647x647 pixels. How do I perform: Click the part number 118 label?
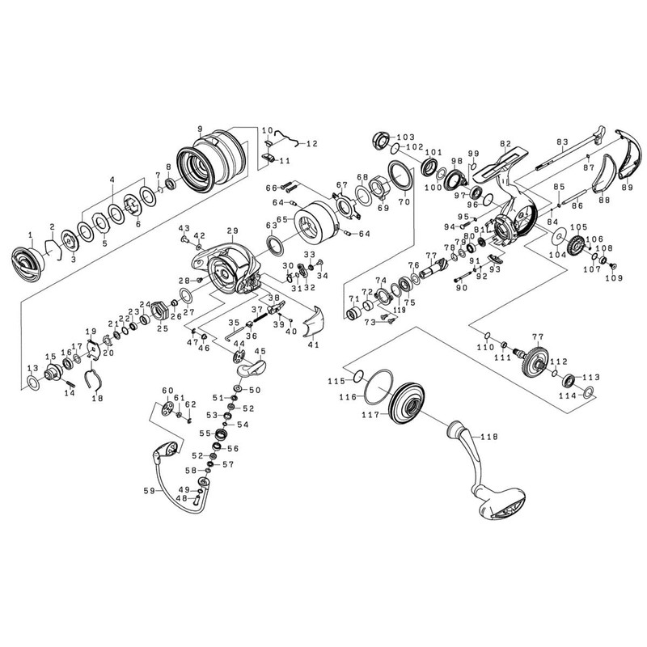click(489, 437)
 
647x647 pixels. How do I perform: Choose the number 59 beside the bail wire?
click(150, 491)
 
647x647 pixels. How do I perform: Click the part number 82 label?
click(505, 144)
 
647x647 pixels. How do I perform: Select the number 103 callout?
click(406, 137)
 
